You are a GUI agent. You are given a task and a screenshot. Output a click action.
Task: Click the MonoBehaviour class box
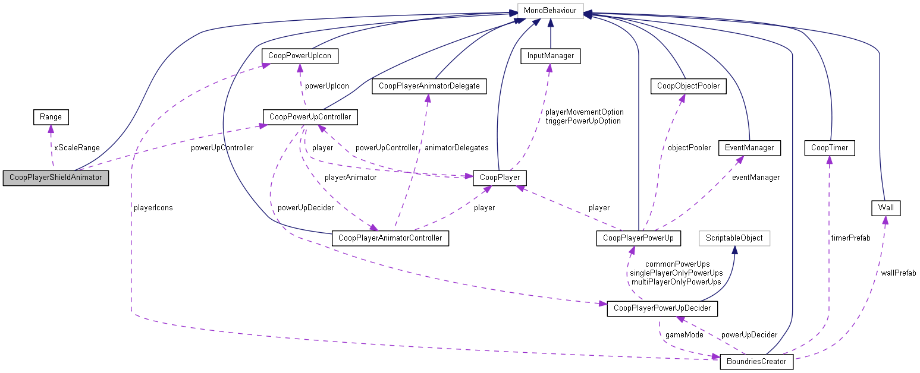point(550,11)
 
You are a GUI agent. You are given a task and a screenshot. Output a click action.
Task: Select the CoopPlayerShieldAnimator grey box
point(56,178)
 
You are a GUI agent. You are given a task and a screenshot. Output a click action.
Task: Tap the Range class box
point(51,117)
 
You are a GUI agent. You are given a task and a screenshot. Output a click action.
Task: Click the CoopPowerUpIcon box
point(300,56)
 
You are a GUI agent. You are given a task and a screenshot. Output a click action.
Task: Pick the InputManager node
point(550,56)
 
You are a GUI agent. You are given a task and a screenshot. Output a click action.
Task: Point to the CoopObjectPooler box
point(688,86)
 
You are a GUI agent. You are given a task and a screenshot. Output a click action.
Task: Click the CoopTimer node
point(829,147)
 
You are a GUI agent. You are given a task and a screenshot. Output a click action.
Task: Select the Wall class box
point(885,208)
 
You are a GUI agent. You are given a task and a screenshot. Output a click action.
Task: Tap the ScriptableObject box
point(734,238)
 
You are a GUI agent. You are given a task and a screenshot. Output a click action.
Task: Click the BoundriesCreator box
point(756,361)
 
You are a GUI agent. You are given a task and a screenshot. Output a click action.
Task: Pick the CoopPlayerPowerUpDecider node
point(661,309)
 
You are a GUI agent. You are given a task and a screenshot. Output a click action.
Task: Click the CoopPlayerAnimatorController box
point(390,238)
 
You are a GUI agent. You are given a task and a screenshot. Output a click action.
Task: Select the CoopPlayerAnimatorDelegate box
point(429,86)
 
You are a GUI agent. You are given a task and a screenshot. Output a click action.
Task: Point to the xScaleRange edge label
point(77,147)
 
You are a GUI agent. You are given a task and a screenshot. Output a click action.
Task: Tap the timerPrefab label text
point(850,238)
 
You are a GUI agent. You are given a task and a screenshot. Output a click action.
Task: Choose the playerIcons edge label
point(153,208)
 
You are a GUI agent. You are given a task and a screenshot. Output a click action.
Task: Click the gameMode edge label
point(684,335)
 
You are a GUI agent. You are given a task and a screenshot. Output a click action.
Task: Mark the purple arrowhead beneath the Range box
point(51,129)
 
